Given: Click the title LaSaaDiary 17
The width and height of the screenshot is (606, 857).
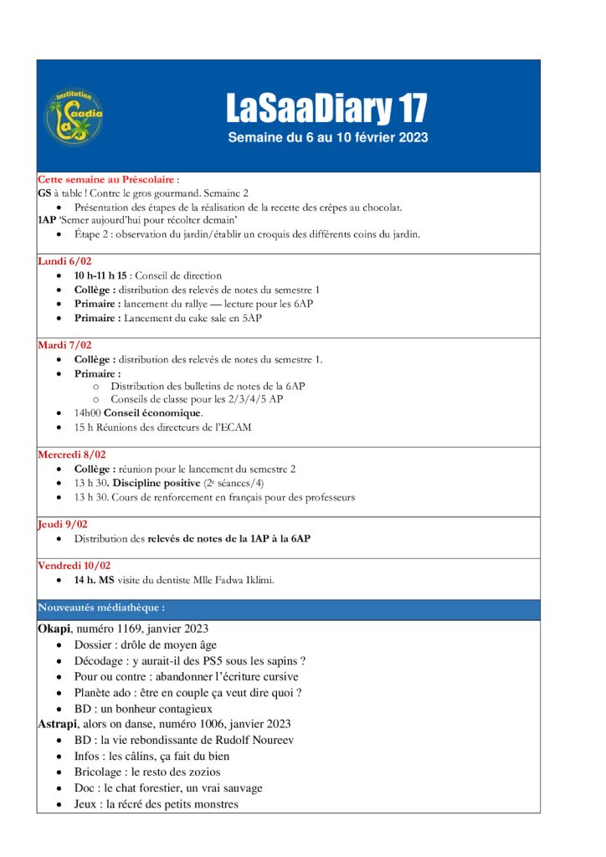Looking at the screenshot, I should (x=326, y=109).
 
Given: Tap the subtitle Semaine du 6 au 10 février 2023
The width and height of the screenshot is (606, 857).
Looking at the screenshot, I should (x=327, y=137).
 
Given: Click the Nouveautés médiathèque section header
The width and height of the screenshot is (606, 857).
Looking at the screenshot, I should (x=101, y=608).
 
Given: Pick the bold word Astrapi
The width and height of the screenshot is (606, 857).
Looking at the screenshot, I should (x=59, y=724).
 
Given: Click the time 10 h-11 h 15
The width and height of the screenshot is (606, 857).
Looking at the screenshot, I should (x=101, y=275).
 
